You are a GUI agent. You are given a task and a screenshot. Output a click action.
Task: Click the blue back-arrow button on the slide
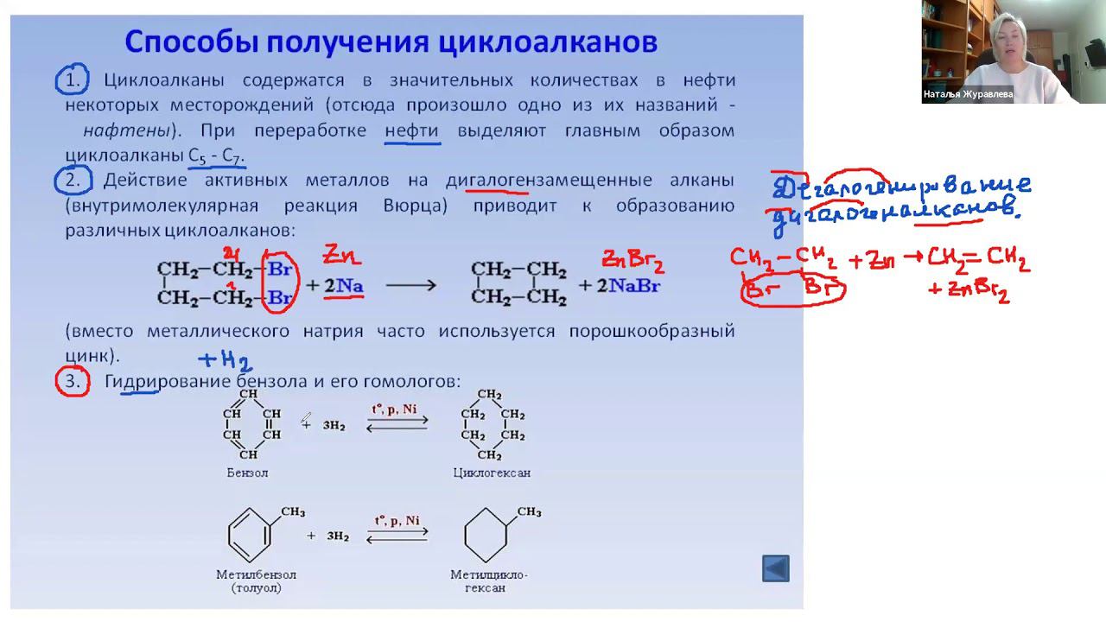pyautogui.click(x=775, y=568)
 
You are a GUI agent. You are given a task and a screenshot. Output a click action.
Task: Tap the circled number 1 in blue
pyautogui.click(x=72, y=81)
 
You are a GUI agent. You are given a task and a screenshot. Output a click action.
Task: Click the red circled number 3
pyautogui.click(x=73, y=381)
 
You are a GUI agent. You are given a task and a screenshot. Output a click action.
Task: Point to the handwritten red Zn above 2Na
pyautogui.click(x=341, y=255)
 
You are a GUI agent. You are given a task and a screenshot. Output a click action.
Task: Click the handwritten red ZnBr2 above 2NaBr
pyautogui.click(x=633, y=259)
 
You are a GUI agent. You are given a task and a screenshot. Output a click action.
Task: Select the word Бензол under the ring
pyautogui.click(x=247, y=473)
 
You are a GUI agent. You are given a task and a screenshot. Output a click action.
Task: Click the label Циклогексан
pyautogui.click(x=491, y=473)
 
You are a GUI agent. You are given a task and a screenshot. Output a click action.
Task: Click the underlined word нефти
pyautogui.click(x=411, y=131)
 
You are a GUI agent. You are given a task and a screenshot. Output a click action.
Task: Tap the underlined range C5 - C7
pyautogui.click(x=216, y=156)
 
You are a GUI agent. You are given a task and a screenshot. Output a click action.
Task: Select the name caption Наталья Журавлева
pyautogui.click(x=968, y=95)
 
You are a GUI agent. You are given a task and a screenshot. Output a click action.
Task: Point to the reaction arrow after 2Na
pyautogui.click(x=410, y=285)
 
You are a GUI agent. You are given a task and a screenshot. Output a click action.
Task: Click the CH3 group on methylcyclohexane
pyautogui.click(x=528, y=512)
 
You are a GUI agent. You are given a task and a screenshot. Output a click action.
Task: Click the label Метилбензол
pyautogui.click(x=256, y=574)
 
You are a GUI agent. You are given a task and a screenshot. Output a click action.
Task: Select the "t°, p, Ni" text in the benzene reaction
pyautogui.click(x=397, y=409)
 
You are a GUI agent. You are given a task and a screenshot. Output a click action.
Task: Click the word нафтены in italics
pyautogui.click(x=127, y=131)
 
